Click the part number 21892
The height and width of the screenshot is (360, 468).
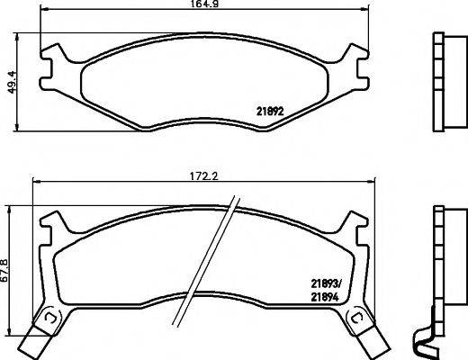[272, 112]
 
